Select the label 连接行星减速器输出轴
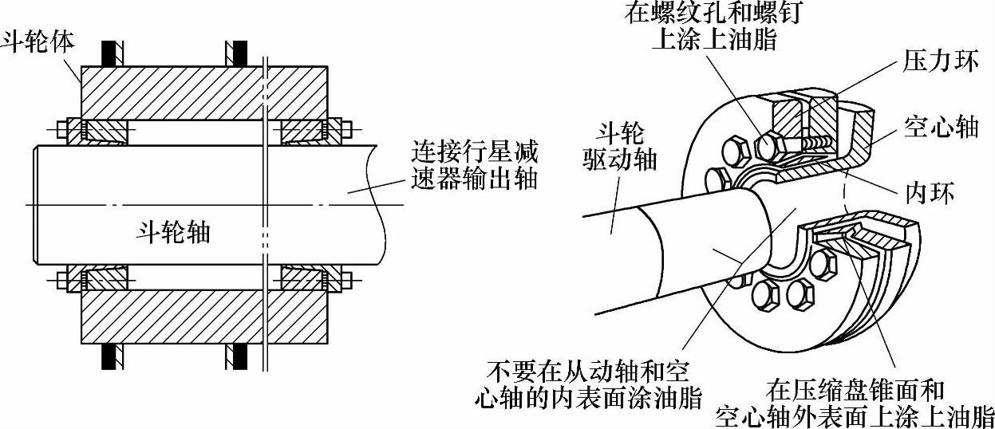pos(474,163)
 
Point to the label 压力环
pos(941,61)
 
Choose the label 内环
pos(930,195)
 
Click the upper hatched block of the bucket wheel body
pos(203,91)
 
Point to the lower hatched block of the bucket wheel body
pos(203,316)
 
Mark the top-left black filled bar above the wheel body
pos(108,51)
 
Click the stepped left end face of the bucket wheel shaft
pos(36,205)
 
